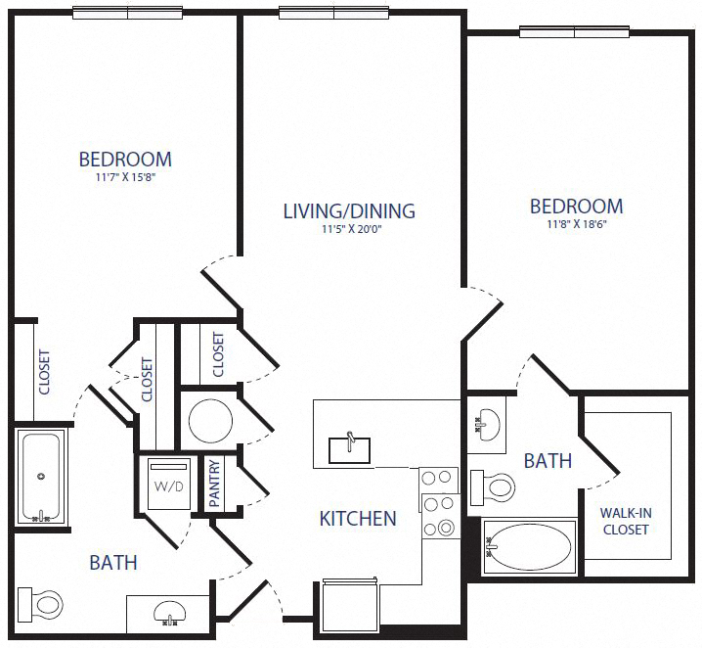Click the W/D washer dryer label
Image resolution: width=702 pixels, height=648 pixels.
click(x=161, y=485)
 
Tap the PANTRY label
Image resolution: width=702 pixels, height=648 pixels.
click(x=214, y=484)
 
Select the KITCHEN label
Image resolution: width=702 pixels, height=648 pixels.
click(x=358, y=519)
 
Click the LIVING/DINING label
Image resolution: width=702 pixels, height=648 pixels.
click(x=349, y=210)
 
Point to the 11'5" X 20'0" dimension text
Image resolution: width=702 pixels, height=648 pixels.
click(x=349, y=231)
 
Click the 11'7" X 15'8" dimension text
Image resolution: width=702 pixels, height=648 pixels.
click(x=125, y=179)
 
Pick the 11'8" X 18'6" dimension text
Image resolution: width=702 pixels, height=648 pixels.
click(x=577, y=225)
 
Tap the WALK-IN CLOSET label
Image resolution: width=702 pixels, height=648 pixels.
click(x=626, y=520)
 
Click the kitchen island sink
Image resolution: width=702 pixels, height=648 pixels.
click(x=349, y=448)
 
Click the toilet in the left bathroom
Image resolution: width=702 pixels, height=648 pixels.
click(x=45, y=602)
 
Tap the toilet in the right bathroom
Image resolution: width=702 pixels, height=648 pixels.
click(x=494, y=486)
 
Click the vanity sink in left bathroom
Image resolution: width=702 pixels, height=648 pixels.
click(x=167, y=613)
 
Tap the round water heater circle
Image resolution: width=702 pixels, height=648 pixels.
click(x=210, y=422)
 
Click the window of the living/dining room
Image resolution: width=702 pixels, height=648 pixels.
click(x=334, y=13)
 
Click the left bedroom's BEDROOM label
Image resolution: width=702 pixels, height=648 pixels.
click(x=125, y=159)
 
